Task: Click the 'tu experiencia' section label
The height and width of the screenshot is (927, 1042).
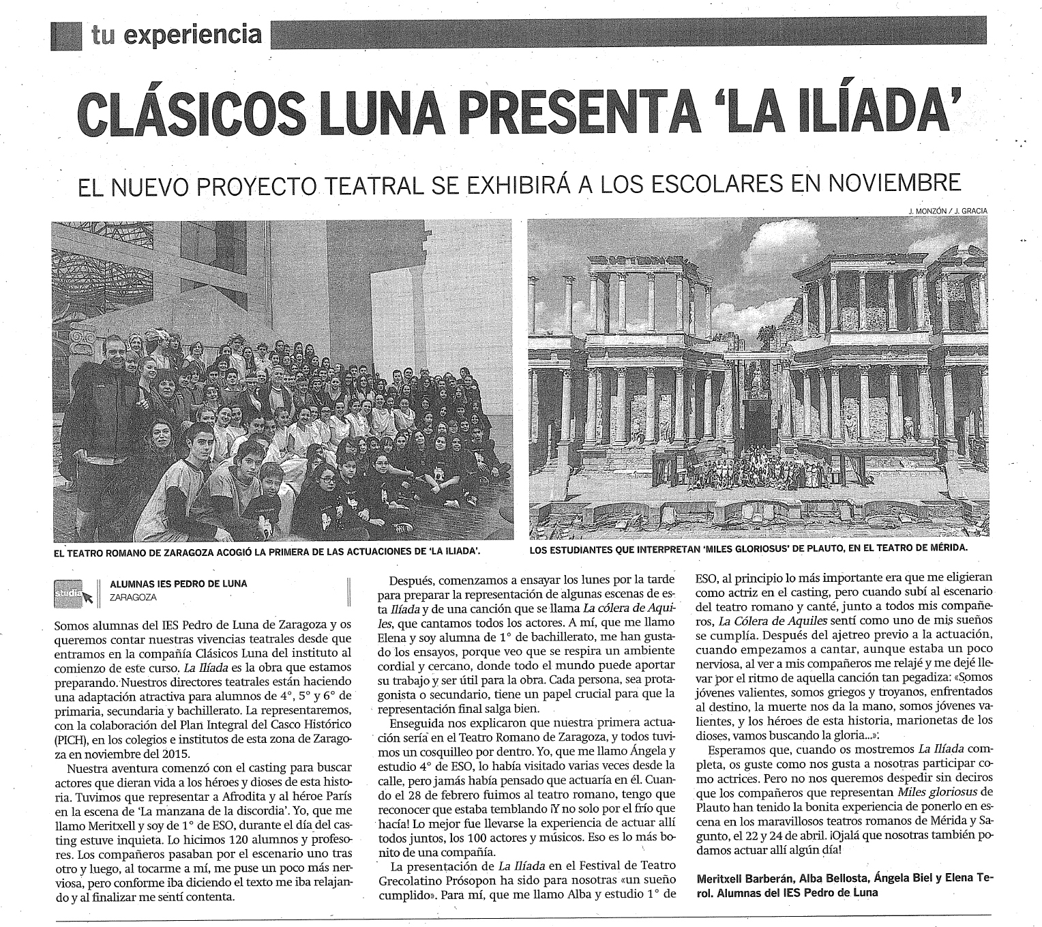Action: pos(176,34)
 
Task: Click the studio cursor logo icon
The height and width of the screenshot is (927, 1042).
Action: pos(72,591)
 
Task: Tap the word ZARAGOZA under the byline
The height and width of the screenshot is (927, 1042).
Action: pos(133,597)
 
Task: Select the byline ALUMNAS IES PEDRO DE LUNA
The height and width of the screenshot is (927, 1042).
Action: pos(178,584)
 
